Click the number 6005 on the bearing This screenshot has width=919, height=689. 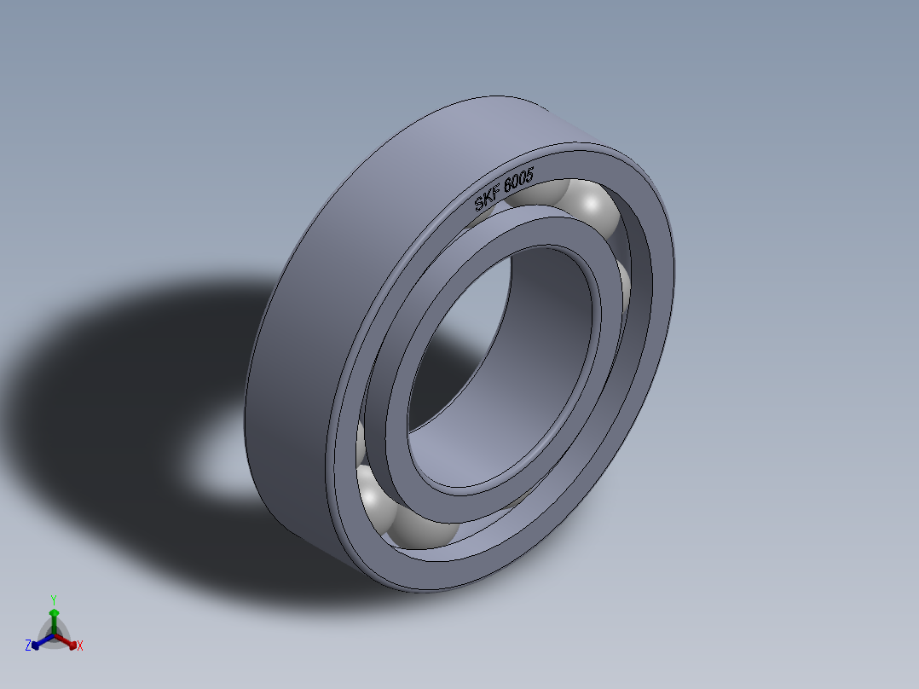519,181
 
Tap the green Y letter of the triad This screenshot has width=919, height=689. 53,599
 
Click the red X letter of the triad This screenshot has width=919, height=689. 79,646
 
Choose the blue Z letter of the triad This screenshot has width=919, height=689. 27,646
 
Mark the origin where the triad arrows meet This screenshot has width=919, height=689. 54,635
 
